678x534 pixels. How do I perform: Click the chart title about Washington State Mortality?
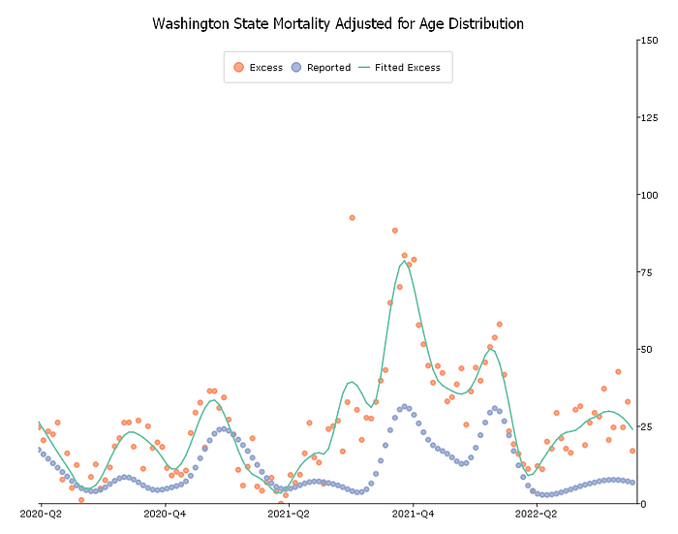(x=338, y=23)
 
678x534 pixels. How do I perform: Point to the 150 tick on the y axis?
(x=645, y=41)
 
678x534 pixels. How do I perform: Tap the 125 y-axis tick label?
(x=645, y=118)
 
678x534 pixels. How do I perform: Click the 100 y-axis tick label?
(x=645, y=196)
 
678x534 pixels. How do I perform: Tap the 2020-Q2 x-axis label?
(x=40, y=515)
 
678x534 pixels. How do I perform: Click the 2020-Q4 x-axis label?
(x=166, y=515)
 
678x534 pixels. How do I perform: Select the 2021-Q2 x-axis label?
(x=290, y=515)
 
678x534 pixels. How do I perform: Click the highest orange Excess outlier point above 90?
(x=352, y=218)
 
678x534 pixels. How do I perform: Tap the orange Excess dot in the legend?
(x=238, y=68)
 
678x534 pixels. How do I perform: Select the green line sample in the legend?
(x=364, y=68)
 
